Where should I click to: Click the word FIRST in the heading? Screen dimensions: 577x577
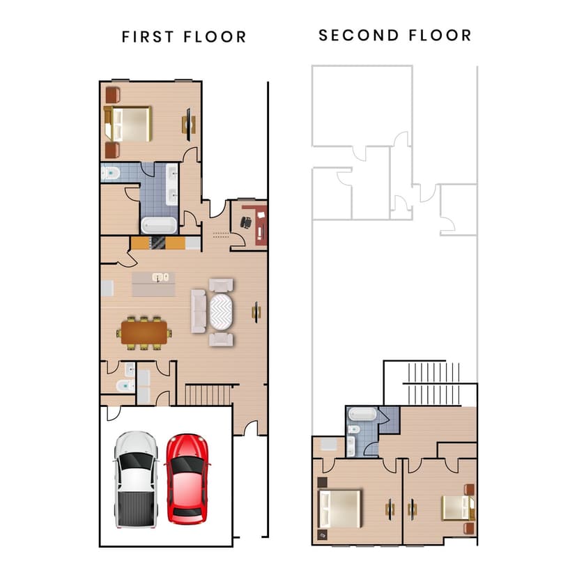pyautogui.click(x=148, y=37)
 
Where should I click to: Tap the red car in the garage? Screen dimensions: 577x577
pyautogui.click(x=187, y=479)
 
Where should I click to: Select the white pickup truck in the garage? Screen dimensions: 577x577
pyautogui.click(x=135, y=479)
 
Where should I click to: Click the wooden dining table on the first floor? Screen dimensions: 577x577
pyautogui.click(x=145, y=330)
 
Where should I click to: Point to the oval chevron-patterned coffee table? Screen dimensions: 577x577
pyautogui.click(x=224, y=311)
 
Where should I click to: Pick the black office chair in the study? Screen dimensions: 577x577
pyautogui.click(x=245, y=222)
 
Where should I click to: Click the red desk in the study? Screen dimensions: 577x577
pyautogui.click(x=261, y=223)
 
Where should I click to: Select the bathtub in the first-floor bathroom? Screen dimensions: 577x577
pyautogui.click(x=160, y=225)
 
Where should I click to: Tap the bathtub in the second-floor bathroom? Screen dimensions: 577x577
pyautogui.click(x=362, y=413)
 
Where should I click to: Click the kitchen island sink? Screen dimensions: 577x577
pyautogui.click(x=161, y=277)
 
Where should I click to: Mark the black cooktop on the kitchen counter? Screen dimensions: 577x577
pyautogui.click(x=158, y=243)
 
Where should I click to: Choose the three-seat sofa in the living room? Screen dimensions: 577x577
pyautogui.click(x=199, y=311)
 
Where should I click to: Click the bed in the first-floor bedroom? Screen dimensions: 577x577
pyautogui.click(x=129, y=123)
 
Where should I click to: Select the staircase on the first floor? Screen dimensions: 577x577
pyautogui.click(x=209, y=394)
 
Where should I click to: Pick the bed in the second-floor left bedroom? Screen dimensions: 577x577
pyautogui.click(x=339, y=508)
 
